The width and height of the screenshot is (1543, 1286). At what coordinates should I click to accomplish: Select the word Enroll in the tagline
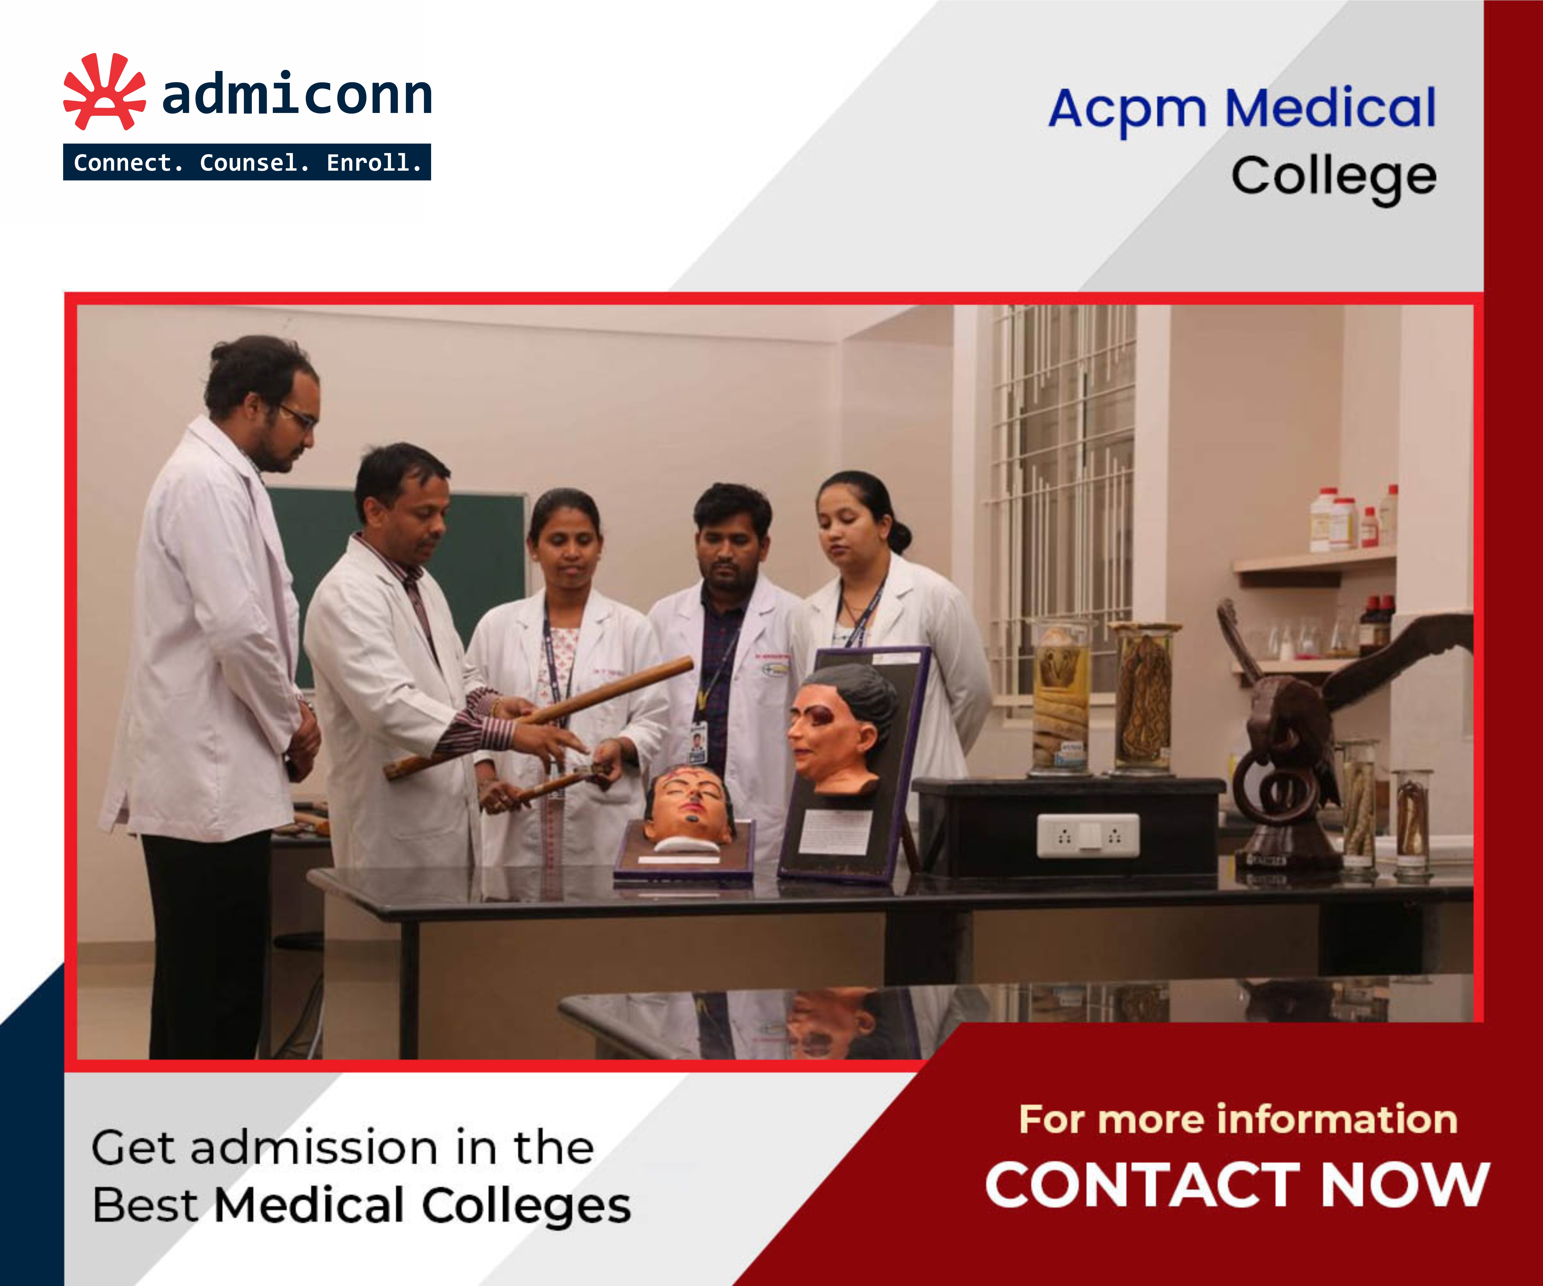point(373,162)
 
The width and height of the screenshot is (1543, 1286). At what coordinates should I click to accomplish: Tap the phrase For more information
point(1238,1119)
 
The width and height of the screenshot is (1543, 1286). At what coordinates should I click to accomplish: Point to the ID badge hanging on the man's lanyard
point(697,742)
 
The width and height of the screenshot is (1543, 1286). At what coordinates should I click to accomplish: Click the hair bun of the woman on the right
point(900,536)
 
